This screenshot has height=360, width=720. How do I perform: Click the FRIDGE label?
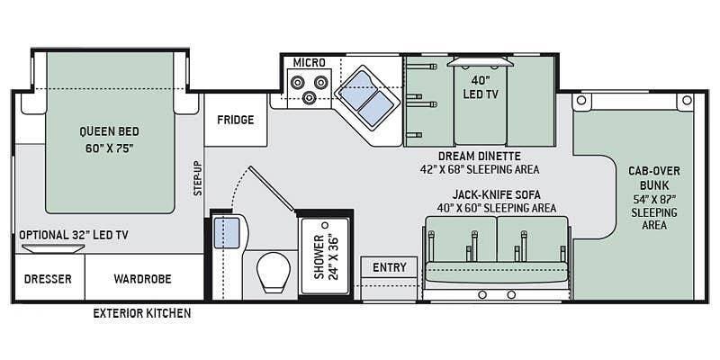[x=235, y=120]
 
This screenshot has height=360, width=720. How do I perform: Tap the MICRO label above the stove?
[x=309, y=62]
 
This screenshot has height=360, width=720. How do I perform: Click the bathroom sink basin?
[x=227, y=233]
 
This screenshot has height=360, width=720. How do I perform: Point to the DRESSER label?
[x=48, y=279]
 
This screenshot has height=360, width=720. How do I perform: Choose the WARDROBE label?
[x=142, y=279]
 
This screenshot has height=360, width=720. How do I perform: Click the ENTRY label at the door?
[x=390, y=267]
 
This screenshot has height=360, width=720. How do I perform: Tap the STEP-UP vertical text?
[x=197, y=178]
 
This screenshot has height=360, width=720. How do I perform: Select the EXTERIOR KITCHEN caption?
[x=142, y=313]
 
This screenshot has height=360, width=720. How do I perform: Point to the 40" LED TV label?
[x=481, y=87]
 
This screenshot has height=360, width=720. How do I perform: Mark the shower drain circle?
[x=326, y=225]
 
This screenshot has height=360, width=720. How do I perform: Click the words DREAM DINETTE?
[x=480, y=156]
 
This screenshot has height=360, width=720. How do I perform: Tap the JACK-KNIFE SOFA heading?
[x=496, y=194]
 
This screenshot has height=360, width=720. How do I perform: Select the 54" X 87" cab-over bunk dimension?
[x=654, y=199]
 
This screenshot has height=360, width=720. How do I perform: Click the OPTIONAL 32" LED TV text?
[x=74, y=235]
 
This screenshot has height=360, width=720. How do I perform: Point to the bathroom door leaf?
[x=272, y=189]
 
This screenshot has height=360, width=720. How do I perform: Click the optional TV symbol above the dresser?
[x=53, y=248]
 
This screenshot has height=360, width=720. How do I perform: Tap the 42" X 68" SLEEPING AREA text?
[x=480, y=169]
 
